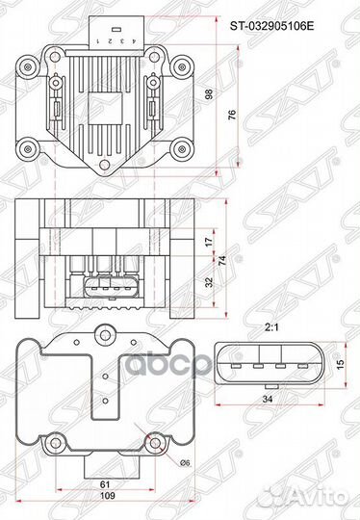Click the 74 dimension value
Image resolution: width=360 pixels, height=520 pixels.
coord(222,260)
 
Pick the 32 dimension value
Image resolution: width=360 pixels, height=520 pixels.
coord(211,283)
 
